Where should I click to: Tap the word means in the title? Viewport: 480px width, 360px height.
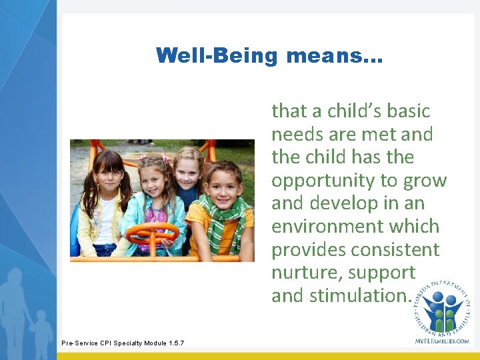pos(335,55)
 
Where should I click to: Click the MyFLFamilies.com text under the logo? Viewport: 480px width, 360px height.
pos(441,341)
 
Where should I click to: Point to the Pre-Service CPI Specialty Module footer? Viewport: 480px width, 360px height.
pos(123,343)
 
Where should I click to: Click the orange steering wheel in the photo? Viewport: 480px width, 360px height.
pos(151,233)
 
